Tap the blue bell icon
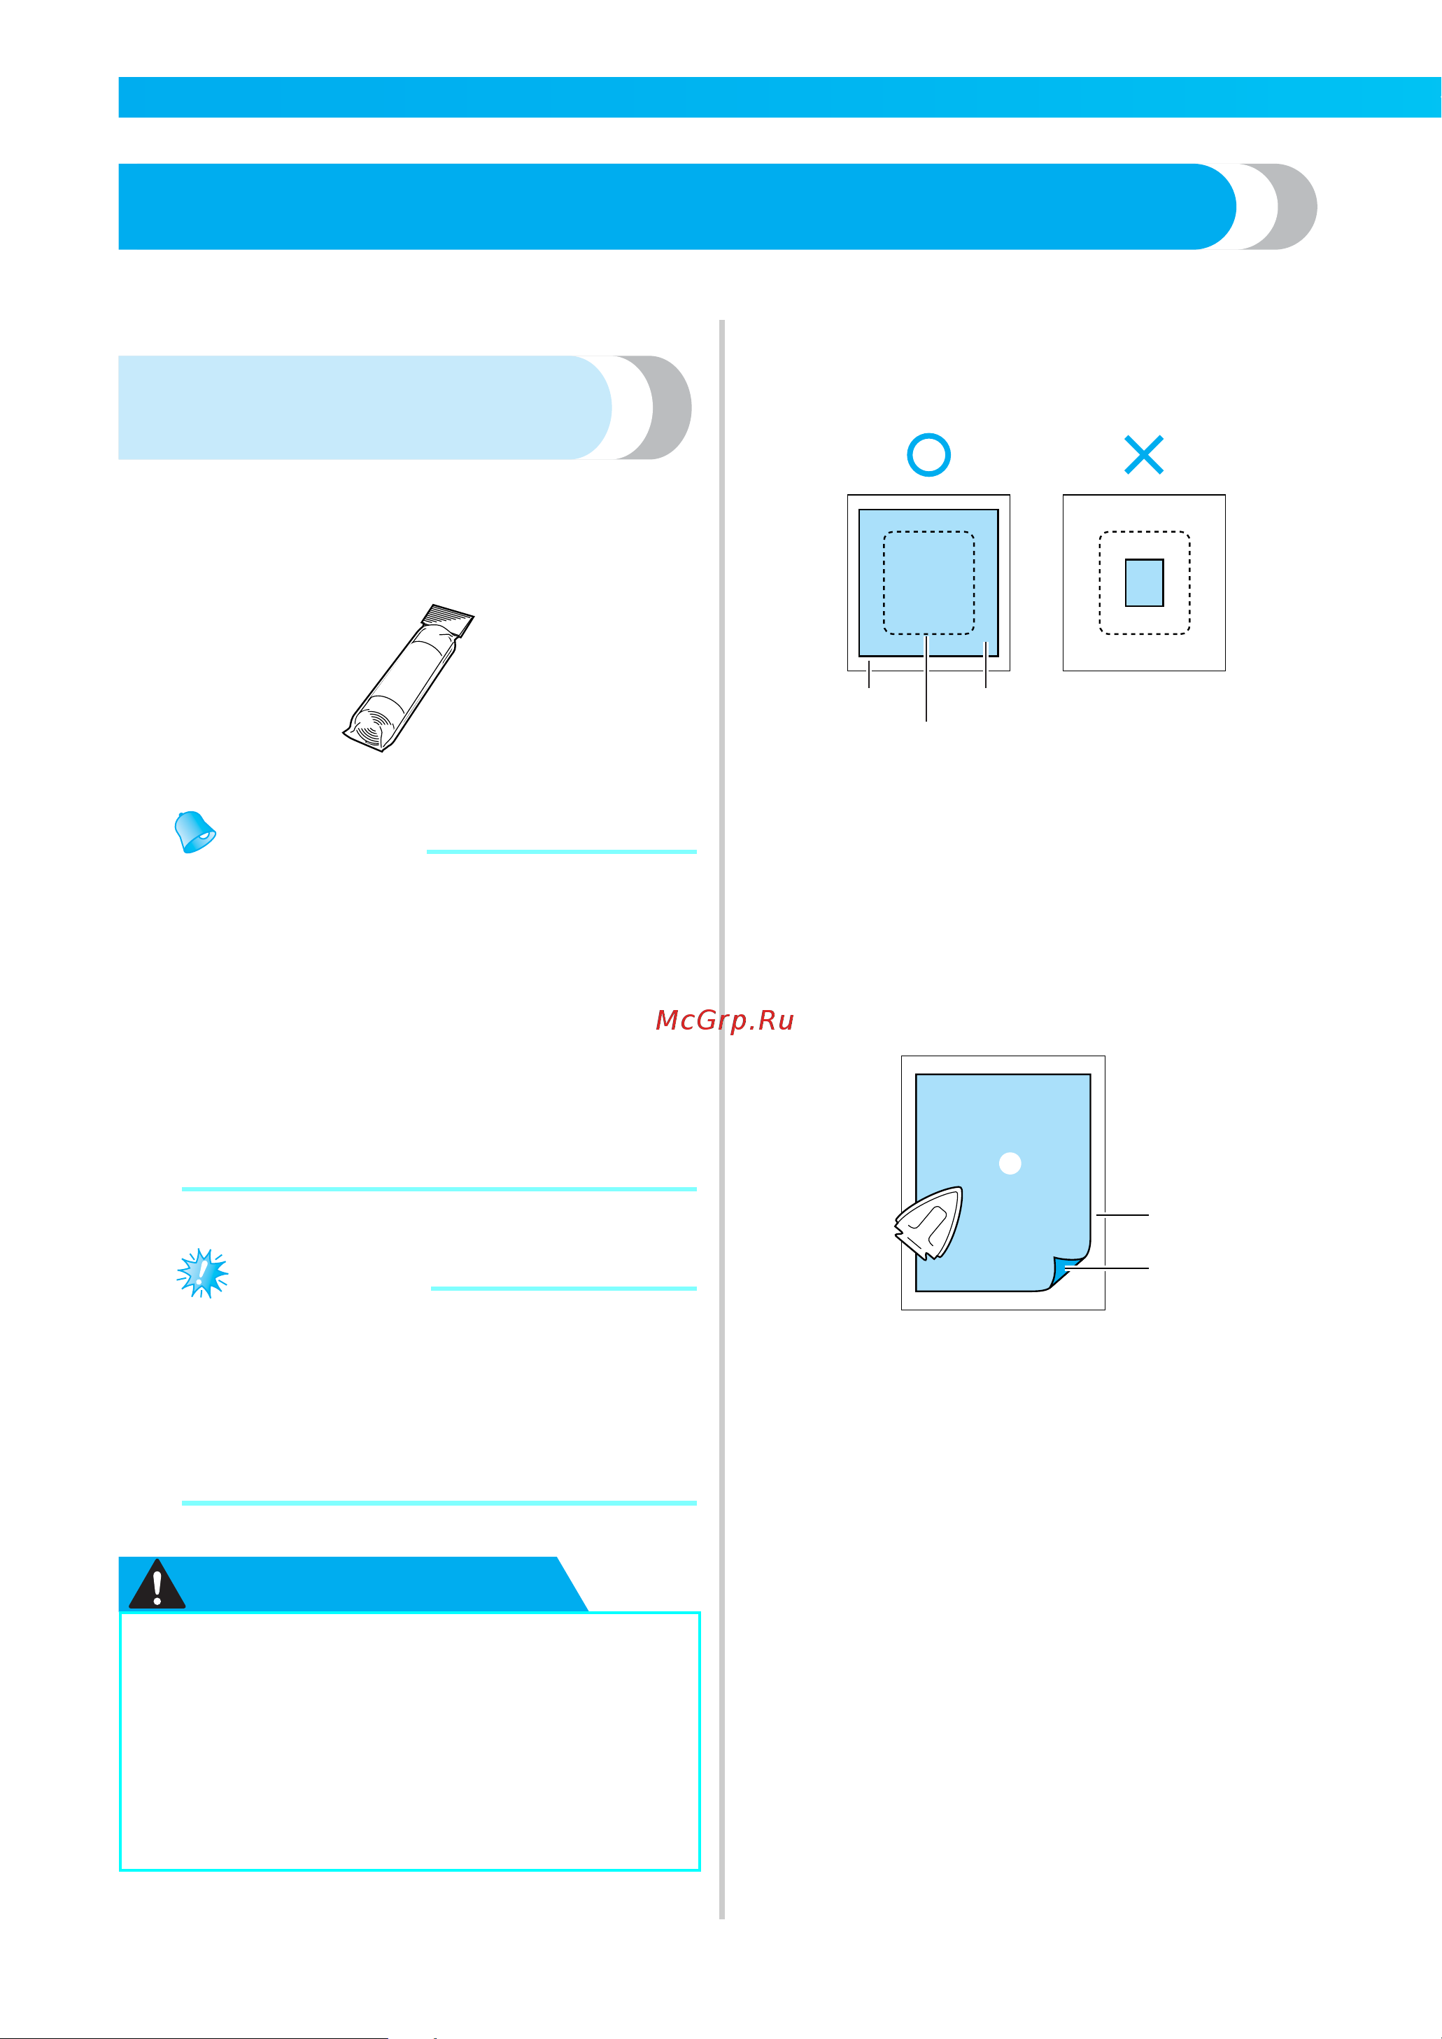(195, 832)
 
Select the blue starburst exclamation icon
(202, 1273)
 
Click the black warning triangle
(157, 1586)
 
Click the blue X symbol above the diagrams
(1144, 455)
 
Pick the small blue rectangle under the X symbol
(1145, 582)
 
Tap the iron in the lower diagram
(928, 1223)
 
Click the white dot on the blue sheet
(1010, 1163)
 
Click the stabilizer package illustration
(409, 678)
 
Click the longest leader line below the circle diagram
(926, 678)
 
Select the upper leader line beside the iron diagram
(1122, 1214)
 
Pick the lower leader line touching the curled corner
(1108, 1268)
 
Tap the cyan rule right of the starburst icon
(564, 1288)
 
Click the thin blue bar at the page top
(779, 97)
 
